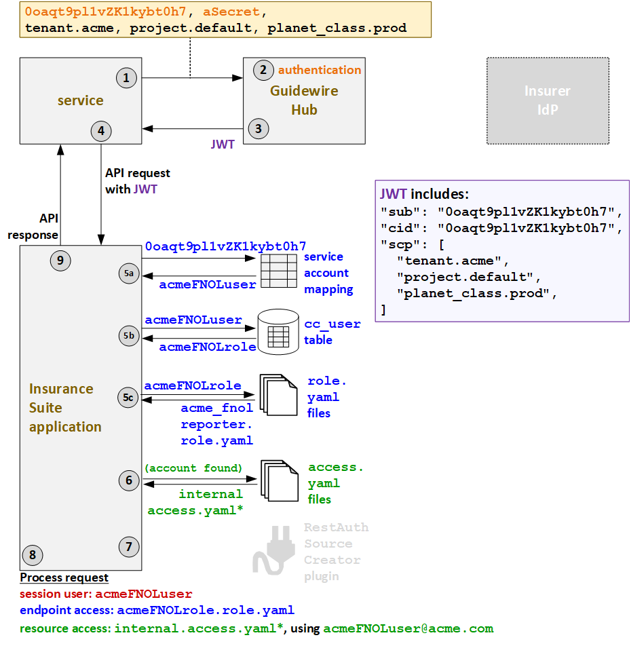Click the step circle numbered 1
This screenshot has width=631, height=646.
tap(126, 78)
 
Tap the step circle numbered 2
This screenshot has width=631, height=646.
tap(263, 70)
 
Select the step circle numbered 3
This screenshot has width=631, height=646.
tap(257, 128)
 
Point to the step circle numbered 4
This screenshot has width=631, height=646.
tap(100, 132)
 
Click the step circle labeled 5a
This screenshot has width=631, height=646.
tap(128, 273)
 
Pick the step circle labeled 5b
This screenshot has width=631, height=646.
tap(128, 335)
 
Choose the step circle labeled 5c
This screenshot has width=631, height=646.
tap(128, 398)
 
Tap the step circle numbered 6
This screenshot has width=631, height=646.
tap(128, 481)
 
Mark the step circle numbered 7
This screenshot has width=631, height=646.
tap(128, 546)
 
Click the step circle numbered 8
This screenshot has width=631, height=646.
tap(32, 555)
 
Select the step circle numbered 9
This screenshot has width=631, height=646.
tap(60, 260)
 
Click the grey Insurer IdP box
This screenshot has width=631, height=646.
tap(548, 100)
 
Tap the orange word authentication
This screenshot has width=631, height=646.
tap(320, 70)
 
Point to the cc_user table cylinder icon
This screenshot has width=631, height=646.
tap(278, 332)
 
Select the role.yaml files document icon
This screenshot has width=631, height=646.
tap(278, 395)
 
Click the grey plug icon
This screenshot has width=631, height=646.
tap(274, 552)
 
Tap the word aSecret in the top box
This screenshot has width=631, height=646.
tap(230, 12)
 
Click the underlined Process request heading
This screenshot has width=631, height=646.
tap(64, 577)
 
